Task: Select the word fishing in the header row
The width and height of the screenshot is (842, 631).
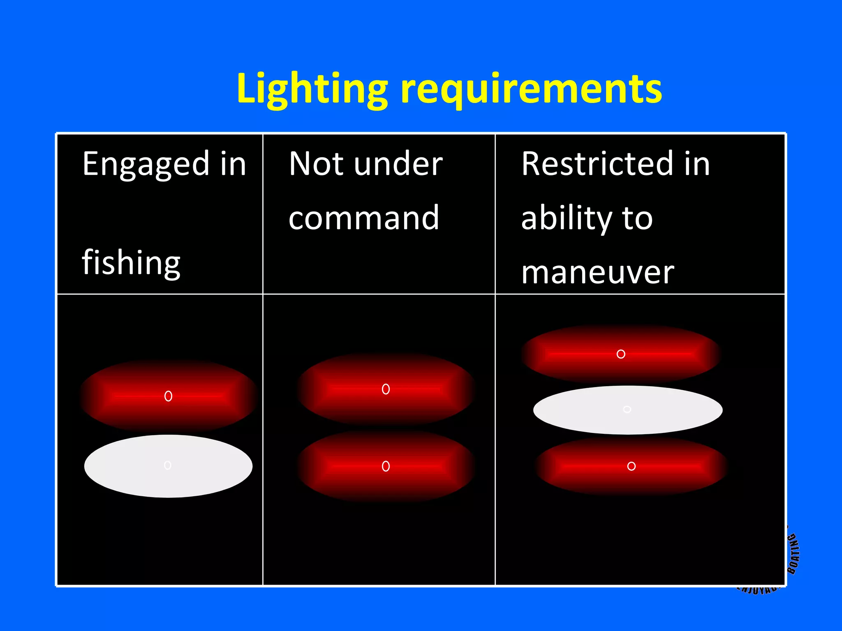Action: [131, 263]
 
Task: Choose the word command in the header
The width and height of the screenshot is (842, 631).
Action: [364, 218]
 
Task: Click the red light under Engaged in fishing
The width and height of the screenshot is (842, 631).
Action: [168, 396]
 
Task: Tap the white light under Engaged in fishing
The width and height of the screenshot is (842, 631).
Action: [168, 466]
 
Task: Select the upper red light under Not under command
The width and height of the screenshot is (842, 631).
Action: [386, 389]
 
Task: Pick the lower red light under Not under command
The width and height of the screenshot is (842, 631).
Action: [386, 466]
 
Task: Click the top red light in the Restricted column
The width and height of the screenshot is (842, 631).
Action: [621, 354]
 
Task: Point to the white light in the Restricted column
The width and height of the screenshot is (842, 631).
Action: [627, 410]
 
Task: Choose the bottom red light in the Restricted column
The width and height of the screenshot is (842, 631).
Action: [631, 466]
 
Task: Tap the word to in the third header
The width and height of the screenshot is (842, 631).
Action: [637, 219]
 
